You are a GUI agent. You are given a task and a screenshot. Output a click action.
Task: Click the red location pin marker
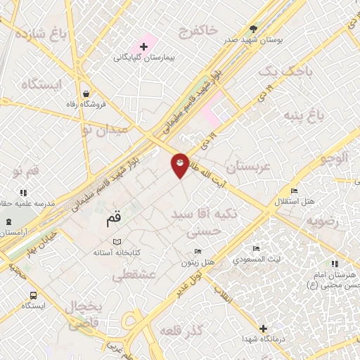[x=180, y=165]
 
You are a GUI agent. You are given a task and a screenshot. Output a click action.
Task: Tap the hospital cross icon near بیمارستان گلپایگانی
[x=143, y=46]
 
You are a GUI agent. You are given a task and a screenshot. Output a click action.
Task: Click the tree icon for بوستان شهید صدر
[x=253, y=29]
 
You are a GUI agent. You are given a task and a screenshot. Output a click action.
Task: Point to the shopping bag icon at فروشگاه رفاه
[x=85, y=94]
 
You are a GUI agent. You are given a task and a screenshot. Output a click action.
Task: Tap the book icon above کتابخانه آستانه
[x=117, y=241]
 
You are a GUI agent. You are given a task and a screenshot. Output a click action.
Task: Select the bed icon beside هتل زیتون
[x=198, y=252]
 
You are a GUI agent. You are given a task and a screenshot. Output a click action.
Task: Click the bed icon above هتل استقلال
[x=294, y=191]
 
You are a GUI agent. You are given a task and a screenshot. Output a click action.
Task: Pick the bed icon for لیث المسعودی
[x=257, y=248]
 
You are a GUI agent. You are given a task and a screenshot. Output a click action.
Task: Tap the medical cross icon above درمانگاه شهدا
[x=263, y=328]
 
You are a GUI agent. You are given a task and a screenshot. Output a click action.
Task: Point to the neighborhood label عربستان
[x=247, y=167]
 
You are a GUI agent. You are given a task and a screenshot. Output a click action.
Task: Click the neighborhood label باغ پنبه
[x=308, y=113]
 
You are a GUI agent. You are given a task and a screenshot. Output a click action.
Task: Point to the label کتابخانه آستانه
[x=116, y=252]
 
